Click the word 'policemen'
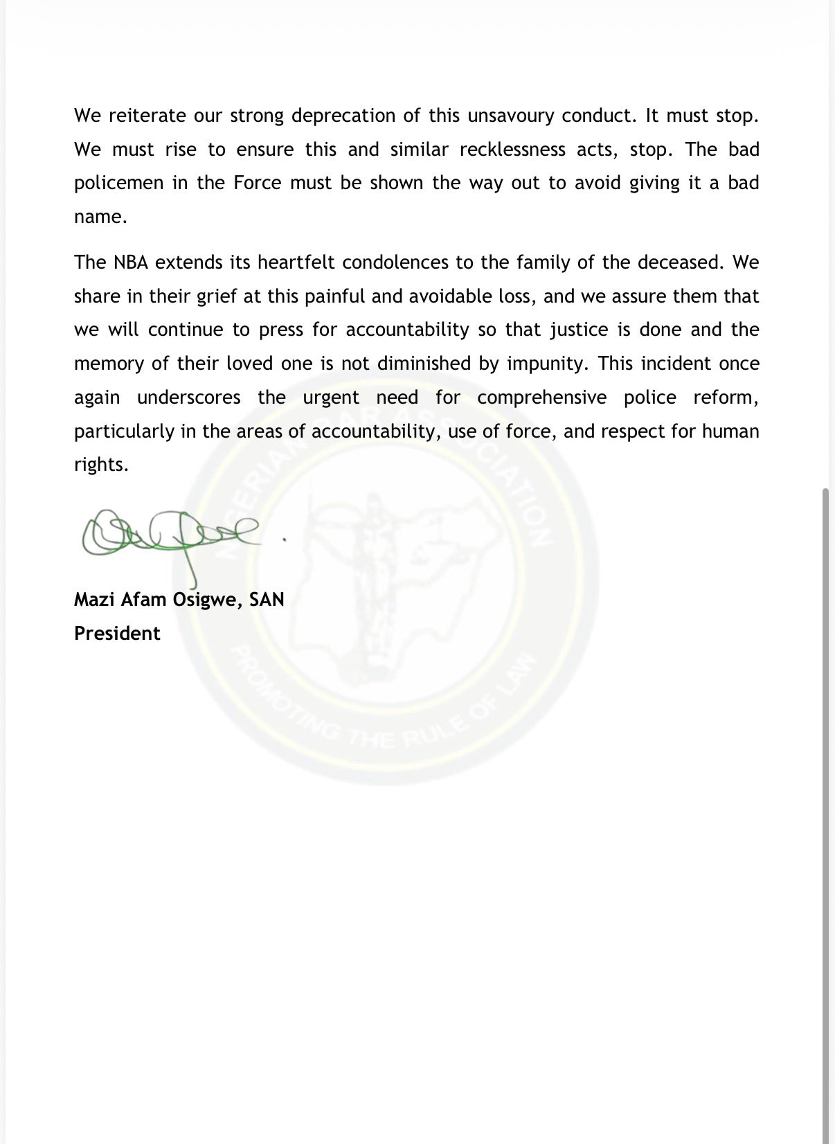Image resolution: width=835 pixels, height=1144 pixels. pyautogui.click(x=120, y=184)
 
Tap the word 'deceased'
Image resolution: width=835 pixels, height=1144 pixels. pyautogui.click(x=678, y=262)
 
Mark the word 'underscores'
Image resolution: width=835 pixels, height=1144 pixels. pyautogui.click(x=189, y=398)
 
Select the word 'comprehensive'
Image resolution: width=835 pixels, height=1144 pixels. pyautogui.click(x=541, y=398)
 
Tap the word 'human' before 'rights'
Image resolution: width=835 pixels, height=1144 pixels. pyautogui.click(x=730, y=431)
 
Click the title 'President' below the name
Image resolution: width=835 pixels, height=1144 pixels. pyautogui.click(x=117, y=634)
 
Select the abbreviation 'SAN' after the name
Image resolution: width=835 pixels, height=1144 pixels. pyautogui.click(x=267, y=599)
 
